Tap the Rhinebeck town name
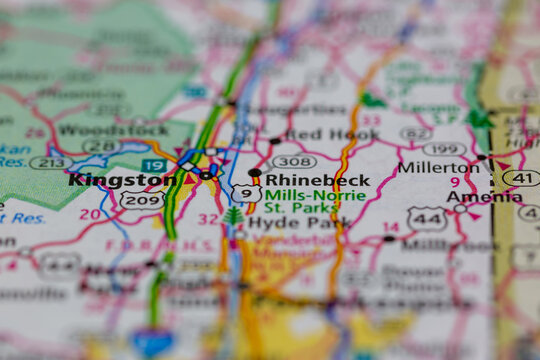click(x=317, y=181)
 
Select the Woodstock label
click(x=99, y=130)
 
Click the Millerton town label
click(x=438, y=167)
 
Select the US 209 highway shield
click(x=141, y=200)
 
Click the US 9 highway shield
click(x=246, y=193)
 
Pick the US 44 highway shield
click(x=427, y=216)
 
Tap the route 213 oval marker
click(x=49, y=163)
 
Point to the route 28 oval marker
click(x=101, y=147)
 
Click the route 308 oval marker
click(x=294, y=160)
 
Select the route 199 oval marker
click(x=444, y=150)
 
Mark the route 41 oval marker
click(x=520, y=178)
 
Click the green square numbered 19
click(x=153, y=165)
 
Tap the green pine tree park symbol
click(x=233, y=215)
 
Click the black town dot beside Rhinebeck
click(x=255, y=173)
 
